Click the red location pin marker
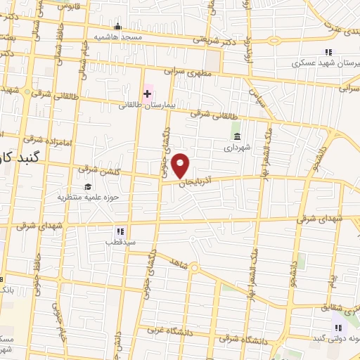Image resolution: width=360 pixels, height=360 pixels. pyautogui.click(x=181, y=165)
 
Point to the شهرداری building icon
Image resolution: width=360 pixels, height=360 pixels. pyautogui.click(x=237, y=136)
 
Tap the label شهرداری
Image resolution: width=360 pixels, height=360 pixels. pyautogui.click(x=237, y=148)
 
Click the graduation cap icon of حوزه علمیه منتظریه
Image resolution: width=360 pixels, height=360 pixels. pyautogui.click(x=88, y=186)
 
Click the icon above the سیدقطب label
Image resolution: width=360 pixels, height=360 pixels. pyautogui.click(x=120, y=230)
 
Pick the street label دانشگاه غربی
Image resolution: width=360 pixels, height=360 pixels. pyautogui.click(x=166, y=328)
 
